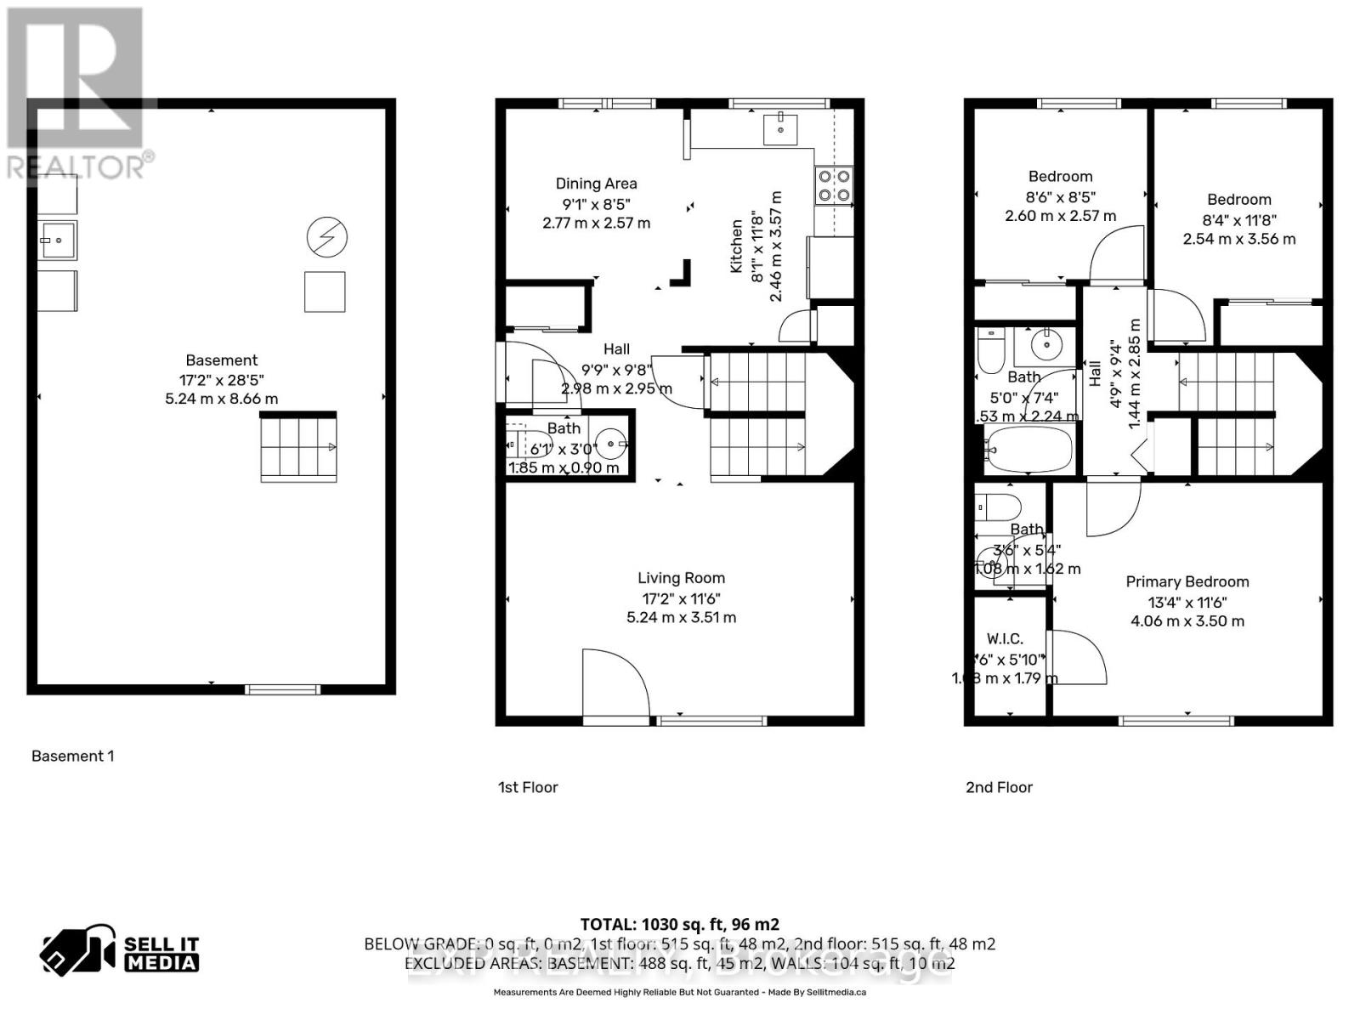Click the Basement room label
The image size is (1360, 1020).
(x=221, y=360)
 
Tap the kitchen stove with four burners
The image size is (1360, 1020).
(x=833, y=186)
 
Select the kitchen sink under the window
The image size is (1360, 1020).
(x=779, y=128)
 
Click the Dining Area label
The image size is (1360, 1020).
(x=596, y=184)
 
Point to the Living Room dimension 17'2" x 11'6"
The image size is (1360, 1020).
(x=681, y=598)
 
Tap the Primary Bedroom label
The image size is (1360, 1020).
(x=1187, y=582)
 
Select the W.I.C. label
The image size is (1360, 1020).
(x=1005, y=639)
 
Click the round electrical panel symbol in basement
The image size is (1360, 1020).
(x=327, y=237)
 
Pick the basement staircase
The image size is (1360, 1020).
(x=297, y=448)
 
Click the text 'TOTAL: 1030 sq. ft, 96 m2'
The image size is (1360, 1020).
(x=679, y=924)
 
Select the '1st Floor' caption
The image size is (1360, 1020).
(x=528, y=787)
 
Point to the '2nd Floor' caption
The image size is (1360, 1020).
(x=999, y=787)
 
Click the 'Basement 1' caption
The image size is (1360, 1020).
(x=72, y=756)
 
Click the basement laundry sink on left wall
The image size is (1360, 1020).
(x=58, y=241)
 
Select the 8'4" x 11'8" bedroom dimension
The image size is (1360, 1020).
(x=1238, y=219)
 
